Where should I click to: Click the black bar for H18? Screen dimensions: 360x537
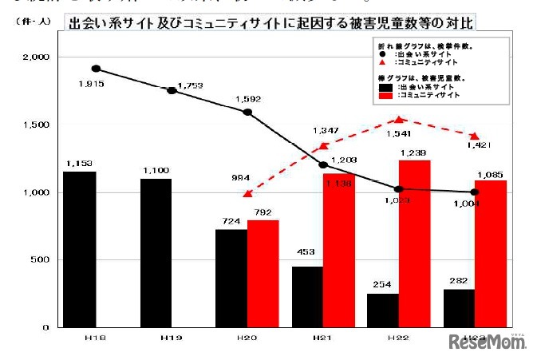(80, 249)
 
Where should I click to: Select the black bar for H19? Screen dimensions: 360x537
(156, 252)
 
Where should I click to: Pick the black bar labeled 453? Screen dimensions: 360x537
(307, 296)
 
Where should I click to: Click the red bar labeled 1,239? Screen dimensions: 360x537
(414, 243)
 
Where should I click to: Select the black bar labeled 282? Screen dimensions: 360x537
(459, 307)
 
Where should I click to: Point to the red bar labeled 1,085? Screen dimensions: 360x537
(491, 254)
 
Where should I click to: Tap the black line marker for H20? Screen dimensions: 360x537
(247, 112)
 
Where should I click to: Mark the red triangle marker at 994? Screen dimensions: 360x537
(247, 193)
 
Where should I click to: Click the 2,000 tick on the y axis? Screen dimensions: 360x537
(36, 57)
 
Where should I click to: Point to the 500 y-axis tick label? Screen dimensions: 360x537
(40, 260)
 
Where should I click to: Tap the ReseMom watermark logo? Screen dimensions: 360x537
(488, 342)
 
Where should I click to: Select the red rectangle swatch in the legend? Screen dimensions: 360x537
(386, 94)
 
